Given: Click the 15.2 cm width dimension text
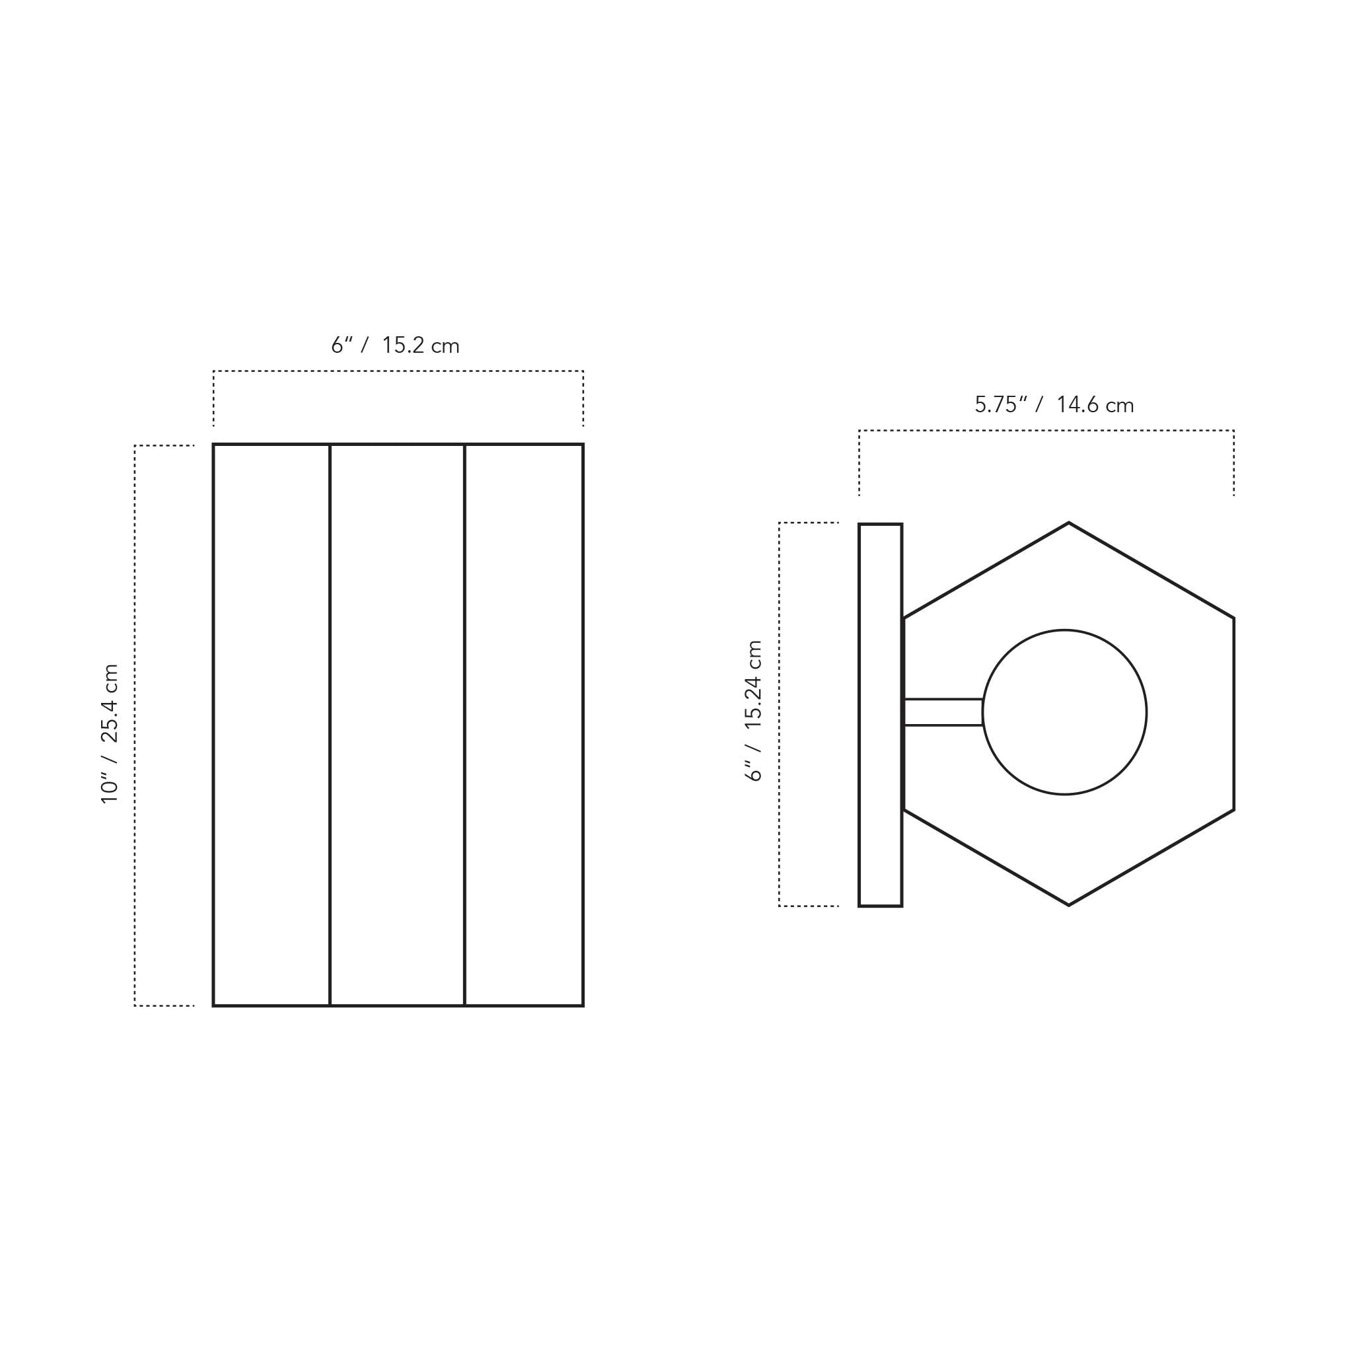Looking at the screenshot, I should (420, 346).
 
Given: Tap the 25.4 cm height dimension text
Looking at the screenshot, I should (110, 703).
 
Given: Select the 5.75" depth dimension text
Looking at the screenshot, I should (1001, 405).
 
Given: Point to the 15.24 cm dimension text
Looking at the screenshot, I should (754, 684).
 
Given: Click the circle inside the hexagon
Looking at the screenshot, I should (1064, 712).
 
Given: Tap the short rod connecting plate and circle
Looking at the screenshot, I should (943, 712).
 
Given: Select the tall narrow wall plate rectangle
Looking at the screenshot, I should (880, 715).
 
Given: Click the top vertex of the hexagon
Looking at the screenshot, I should (1069, 523).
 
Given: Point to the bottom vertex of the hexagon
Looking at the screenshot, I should (1069, 906).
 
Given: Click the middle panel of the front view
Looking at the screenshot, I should (397, 725).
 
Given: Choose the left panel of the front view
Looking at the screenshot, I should (272, 725).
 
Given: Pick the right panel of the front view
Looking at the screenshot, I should (524, 725).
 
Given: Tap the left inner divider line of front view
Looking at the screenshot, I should (330, 725).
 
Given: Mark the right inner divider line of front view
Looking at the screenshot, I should (464, 725).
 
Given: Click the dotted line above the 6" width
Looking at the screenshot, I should (398, 371).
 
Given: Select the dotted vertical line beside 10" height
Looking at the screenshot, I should (135, 725).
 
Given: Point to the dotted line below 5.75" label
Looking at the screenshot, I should (1046, 431).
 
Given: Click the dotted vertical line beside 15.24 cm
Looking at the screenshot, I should (779, 714).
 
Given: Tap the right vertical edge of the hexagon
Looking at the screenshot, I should (1233, 713).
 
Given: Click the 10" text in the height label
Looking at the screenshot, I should (110, 788).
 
